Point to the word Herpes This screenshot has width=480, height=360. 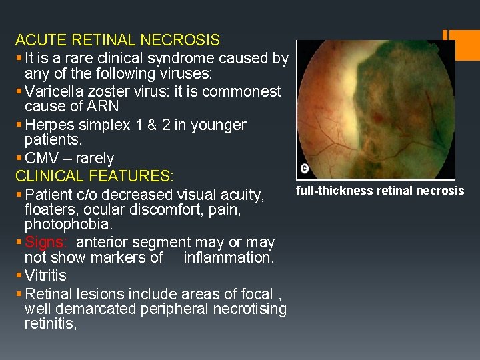click(x=47, y=125)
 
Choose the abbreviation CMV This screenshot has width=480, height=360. click(x=41, y=159)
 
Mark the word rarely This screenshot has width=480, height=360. click(x=93, y=159)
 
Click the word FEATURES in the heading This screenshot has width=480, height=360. click(x=131, y=177)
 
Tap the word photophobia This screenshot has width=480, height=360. click(x=65, y=225)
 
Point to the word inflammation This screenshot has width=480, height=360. click(x=228, y=257)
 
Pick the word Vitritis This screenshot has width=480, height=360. click(x=45, y=275)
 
